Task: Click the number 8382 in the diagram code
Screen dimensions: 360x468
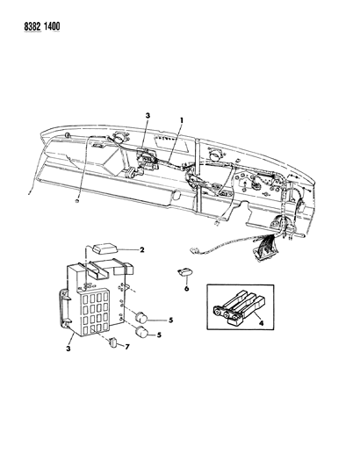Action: [32, 26]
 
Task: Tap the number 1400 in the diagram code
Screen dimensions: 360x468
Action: [52, 26]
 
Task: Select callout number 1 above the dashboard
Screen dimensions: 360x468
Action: [181, 120]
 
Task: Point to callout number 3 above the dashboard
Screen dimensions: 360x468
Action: [148, 116]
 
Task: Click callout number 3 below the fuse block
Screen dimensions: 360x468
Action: [68, 349]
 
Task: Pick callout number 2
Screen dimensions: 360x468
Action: [141, 249]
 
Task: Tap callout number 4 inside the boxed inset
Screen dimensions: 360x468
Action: [261, 323]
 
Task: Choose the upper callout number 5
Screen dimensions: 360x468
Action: [170, 320]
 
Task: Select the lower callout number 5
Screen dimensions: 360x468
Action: [159, 335]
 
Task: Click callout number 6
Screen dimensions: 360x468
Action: [186, 289]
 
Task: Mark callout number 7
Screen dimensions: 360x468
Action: [127, 347]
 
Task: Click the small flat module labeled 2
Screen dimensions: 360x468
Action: [104, 248]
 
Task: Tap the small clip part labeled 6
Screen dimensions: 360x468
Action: [184, 272]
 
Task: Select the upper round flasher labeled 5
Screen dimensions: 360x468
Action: [140, 317]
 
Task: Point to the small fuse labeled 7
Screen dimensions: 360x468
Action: [113, 342]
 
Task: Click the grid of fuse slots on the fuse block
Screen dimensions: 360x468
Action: [94, 312]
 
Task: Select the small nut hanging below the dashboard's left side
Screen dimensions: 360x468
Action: [77, 201]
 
